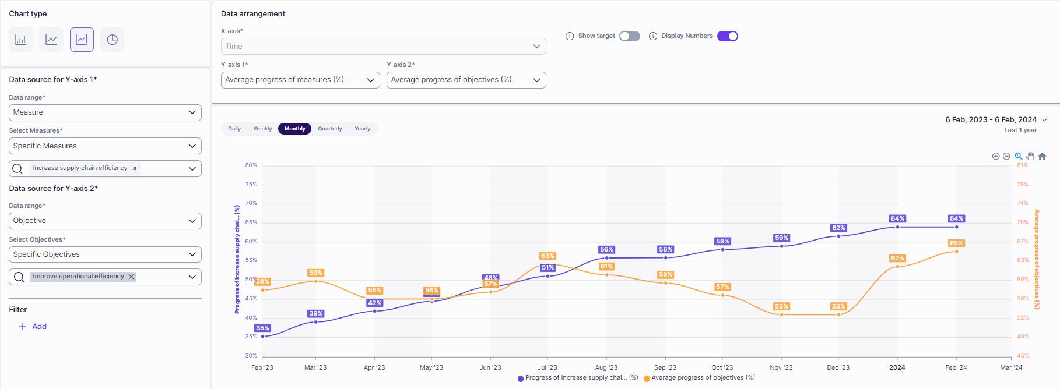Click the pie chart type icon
(112, 40)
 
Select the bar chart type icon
(21, 40)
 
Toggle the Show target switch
(629, 36)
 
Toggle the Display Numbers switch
(727, 36)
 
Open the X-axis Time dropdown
(383, 47)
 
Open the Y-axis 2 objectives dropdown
(466, 80)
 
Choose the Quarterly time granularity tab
(329, 129)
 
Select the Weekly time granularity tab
(262, 129)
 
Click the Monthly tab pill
(294, 129)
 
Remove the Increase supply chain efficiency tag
(135, 168)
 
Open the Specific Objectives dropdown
(105, 254)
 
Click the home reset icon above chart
(1042, 156)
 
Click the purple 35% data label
(262, 328)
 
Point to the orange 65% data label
(956, 243)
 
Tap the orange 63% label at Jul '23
(547, 256)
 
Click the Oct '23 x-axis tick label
(722, 367)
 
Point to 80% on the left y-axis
(251, 165)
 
